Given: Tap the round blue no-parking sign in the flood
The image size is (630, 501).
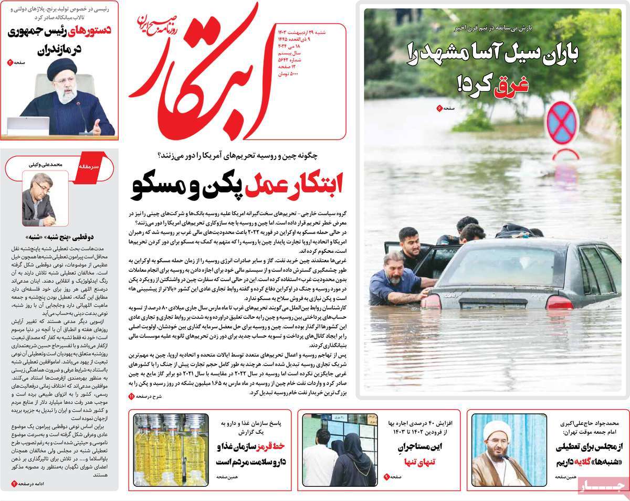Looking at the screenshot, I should [x=562, y=123].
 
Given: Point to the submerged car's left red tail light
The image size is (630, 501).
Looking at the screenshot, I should [x=432, y=301].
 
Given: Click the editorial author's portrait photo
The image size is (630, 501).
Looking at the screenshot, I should [x=38, y=199].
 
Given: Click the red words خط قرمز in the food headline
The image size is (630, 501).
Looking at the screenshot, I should [x=271, y=446].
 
